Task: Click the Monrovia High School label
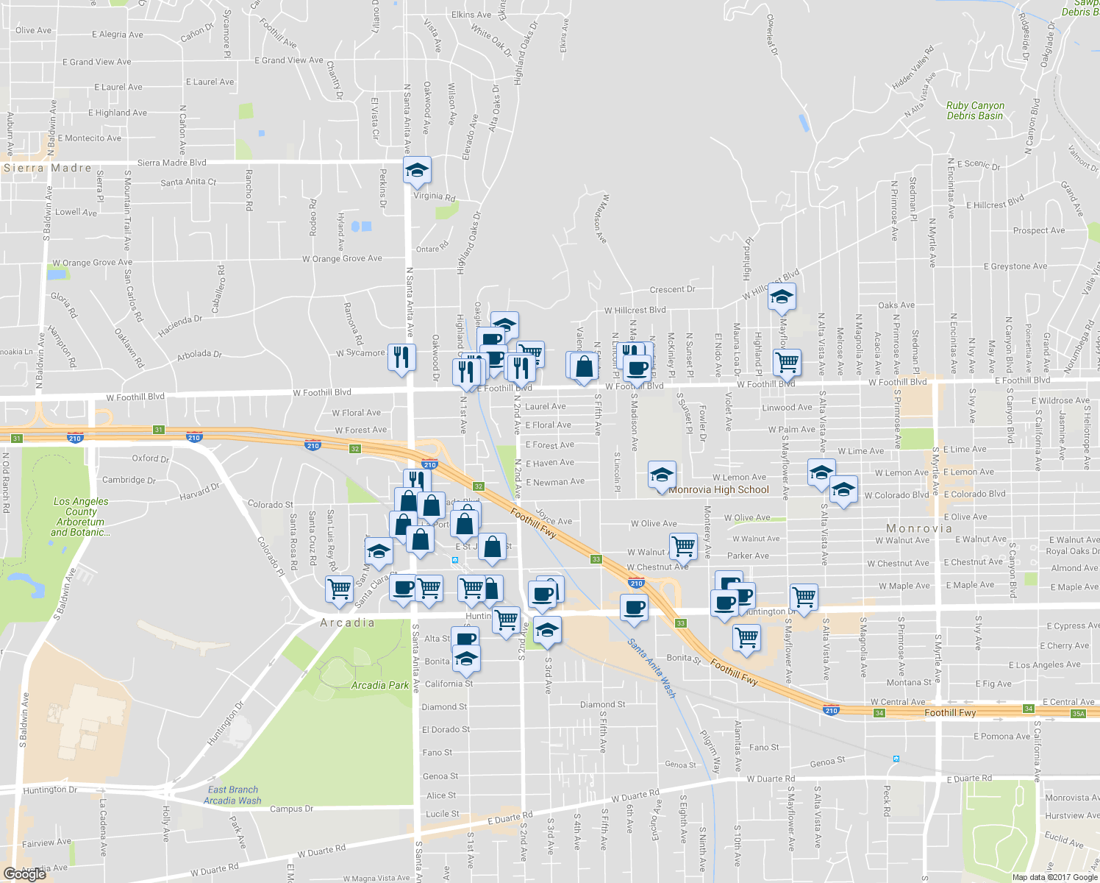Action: point(718,490)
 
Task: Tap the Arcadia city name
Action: point(347,623)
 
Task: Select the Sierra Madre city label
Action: point(48,168)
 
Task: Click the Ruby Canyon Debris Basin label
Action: point(975,110)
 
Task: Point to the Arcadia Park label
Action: point(379,685)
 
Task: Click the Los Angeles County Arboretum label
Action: point(81,517)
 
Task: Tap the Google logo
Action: point(24,873)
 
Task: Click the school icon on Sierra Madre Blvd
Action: point(417,171)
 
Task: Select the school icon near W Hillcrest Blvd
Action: point(782,297)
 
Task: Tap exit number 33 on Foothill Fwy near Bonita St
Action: point(681,623)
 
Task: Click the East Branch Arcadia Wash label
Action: point(232,795)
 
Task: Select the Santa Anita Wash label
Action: point(651,668)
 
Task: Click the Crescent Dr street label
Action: point(672,290)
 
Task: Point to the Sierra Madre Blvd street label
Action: point(172,163)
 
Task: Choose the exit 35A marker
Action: point(1078,714)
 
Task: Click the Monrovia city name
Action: point(919,528)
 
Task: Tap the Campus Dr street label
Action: point(286,809)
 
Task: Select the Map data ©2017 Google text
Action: point(1054,877)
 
